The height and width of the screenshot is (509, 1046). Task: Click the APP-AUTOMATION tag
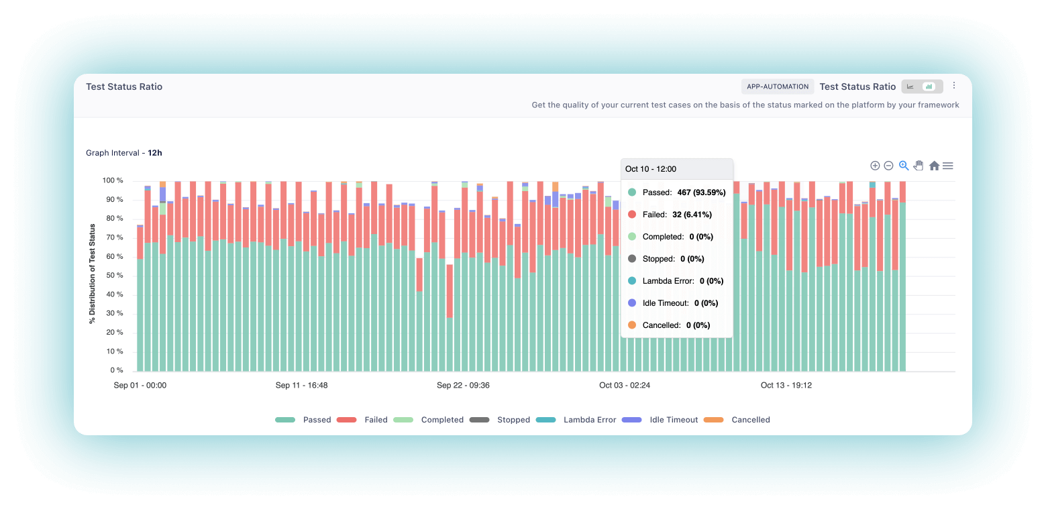tap(778, 87)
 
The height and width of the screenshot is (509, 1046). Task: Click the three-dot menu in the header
tap(954, 86)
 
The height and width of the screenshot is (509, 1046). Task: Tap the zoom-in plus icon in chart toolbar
tap(875, 166)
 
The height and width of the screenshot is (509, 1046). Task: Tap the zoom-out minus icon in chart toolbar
tap(888, 166)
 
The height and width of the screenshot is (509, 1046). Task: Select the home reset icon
tap(934, 166)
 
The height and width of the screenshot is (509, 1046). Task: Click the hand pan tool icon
tap(919, 166)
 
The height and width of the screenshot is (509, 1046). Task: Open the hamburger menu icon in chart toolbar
tap(947, 166)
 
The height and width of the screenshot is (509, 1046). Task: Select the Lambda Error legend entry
tap(589, 420)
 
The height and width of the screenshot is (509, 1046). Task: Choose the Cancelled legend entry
tap(750, 420)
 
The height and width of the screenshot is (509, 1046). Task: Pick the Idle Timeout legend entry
tap(673, 420)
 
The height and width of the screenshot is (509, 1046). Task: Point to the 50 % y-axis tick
tap(113, 276)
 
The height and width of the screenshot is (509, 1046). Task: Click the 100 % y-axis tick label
tap(112, 181)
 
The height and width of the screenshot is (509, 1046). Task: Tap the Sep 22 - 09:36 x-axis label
tap(463, 386)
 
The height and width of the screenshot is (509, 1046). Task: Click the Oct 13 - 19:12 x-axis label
tap(786, 386)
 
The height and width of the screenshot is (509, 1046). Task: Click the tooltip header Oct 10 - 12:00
tap(651, 169)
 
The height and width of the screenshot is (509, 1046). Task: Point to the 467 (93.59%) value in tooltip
tap(700, 192)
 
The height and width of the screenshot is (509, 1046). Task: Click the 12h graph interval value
tap(155, 153)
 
